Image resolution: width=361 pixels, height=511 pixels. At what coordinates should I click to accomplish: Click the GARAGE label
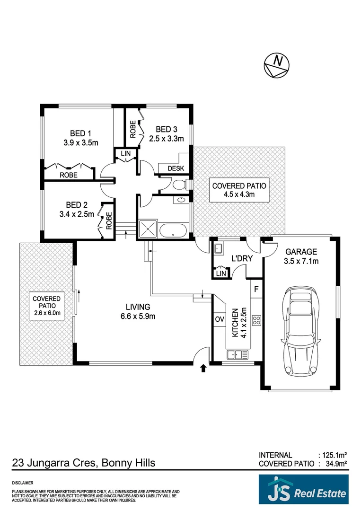pos(300,252)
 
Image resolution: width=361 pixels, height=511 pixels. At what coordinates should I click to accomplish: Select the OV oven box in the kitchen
pos(220,319)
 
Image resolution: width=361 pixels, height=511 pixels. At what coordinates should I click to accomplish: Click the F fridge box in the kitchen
pos(256,289)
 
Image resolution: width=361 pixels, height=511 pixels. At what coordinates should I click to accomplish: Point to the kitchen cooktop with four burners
pos(256,320)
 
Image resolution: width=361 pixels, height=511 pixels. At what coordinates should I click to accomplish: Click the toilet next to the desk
pos(180,184)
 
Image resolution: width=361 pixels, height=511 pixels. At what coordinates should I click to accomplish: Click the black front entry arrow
pos(204,368)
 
